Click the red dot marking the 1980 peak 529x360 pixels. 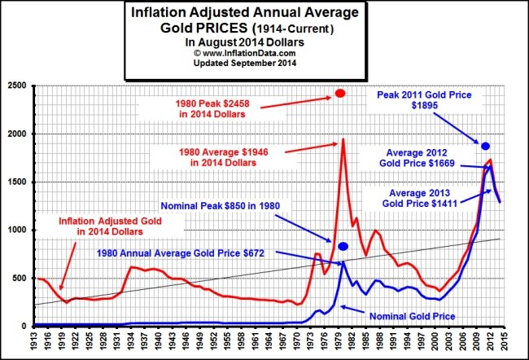click(x=340, y=94)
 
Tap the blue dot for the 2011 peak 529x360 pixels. click(x=485, y=145)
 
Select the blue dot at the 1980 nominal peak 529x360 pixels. click(x=343, y=246)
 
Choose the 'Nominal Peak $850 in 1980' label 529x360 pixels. click(x=219, y=206)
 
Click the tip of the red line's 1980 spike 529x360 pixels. click(x=343, y=139)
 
